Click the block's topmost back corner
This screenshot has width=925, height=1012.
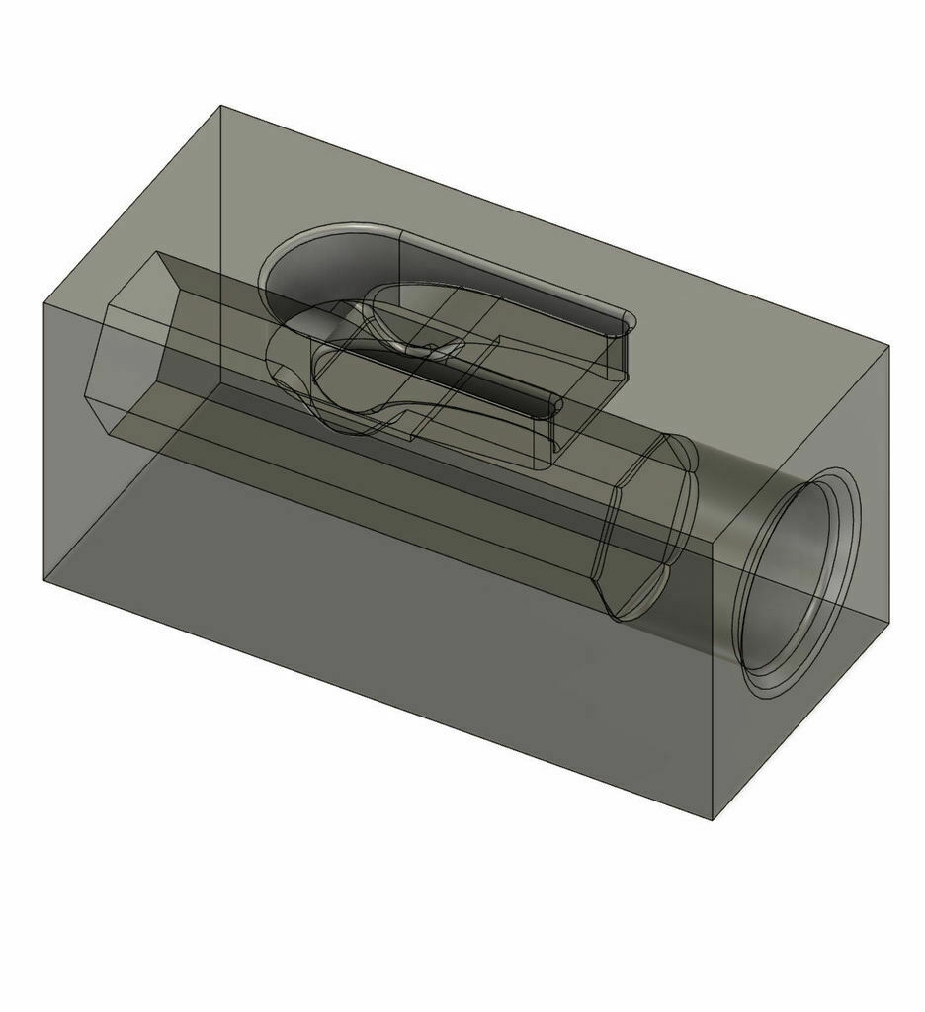[220, 106]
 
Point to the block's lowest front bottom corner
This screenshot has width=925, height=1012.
[714, 819]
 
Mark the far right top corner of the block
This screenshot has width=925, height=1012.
[888, 346]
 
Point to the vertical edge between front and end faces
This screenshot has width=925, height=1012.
[714, 682]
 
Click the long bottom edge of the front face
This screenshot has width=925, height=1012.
[376, 700]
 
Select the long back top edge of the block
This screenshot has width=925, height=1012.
[553, 225]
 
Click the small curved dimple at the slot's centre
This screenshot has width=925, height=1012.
[431, 347]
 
